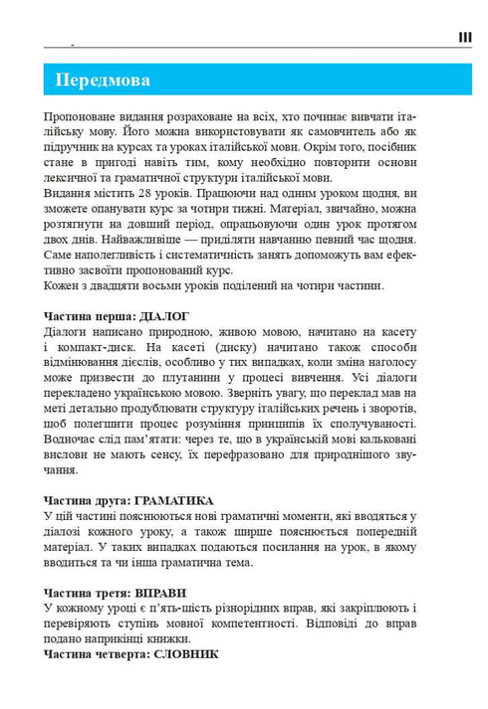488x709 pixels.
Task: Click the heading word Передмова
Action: tap(103, 80)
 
